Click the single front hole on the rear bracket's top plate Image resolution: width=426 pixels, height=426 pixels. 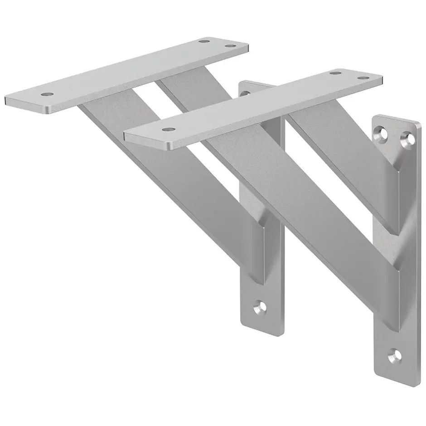click(x=46, y=94)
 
